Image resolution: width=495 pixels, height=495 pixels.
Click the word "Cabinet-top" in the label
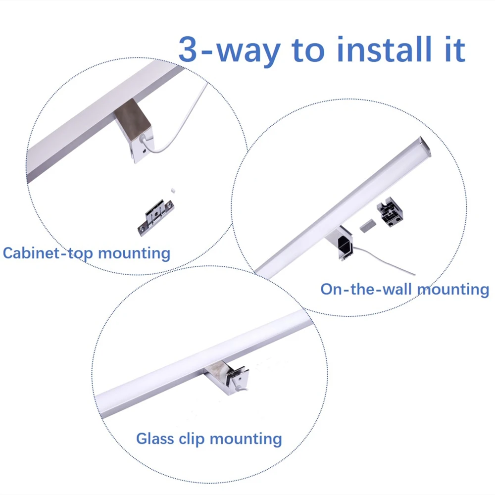point(48,253)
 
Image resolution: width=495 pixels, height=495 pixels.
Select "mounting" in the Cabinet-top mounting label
point(134,254)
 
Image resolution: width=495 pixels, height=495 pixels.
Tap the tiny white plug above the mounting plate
point(174,189)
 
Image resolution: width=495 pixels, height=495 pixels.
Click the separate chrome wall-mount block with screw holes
point(390,213)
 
